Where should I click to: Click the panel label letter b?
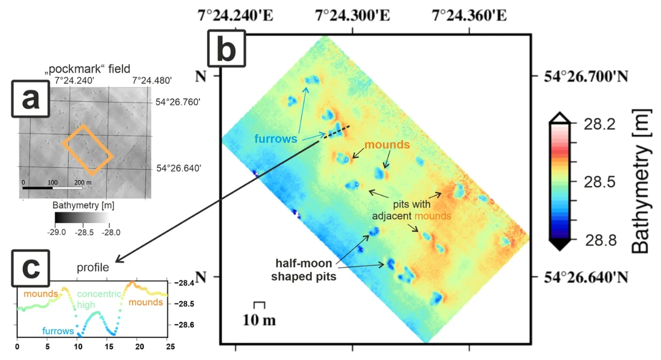[226, 48]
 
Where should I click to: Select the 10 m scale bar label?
[259, 320]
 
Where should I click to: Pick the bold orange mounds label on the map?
[387, 145]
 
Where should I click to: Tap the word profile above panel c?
[93, 268]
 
